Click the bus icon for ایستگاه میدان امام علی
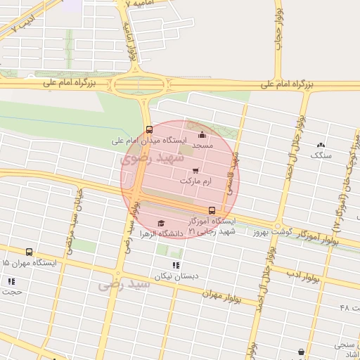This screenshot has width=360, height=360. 148,129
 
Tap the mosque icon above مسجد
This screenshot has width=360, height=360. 202,134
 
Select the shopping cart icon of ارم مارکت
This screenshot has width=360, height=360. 195,170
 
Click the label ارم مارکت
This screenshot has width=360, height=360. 195,181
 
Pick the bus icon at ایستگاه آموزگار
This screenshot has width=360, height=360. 212,210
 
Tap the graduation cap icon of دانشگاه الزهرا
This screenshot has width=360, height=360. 161,223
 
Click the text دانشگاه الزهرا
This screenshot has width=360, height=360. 162,233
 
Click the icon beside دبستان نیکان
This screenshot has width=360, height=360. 176,265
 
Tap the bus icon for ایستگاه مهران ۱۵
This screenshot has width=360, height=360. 29,252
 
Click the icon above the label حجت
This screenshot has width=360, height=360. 11,281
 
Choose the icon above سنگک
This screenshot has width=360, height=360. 321,144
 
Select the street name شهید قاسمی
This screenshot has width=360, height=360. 232,173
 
